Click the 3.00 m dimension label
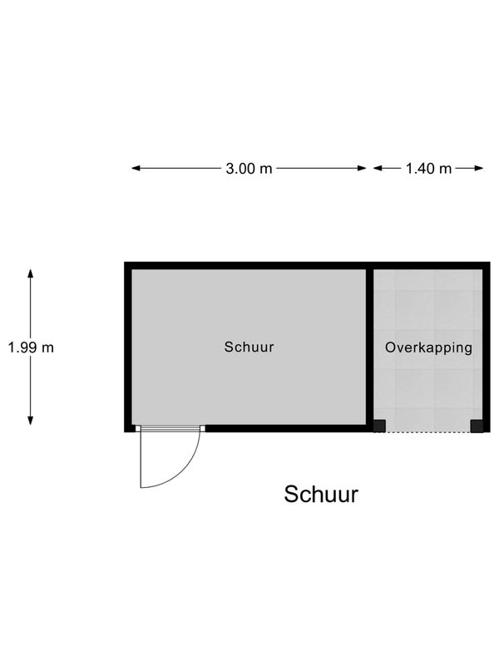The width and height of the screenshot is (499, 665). click(x=249, y=169)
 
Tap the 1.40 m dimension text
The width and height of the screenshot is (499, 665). click(x=428, y=169)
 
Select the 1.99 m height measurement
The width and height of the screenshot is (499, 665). click(x=31, y=347)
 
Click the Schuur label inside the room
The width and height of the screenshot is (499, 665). click(x=249, y=347)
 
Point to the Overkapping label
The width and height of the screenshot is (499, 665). click(x=428, y=347)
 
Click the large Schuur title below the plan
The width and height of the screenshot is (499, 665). click(x=321, y=494)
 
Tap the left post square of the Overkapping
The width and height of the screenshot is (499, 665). click(x=379, y=426)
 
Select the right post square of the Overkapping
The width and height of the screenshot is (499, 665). click(x=477, y=426)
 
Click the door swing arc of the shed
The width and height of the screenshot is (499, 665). click(x=184, y=474)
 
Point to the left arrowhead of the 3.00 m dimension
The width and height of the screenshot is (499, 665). click(x=136, y=169)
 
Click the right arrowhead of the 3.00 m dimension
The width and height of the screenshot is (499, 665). click(x=362, y=169)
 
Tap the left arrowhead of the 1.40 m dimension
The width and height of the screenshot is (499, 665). click(x=378, y=169)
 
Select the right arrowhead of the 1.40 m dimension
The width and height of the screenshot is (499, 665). click(x=479, y=169)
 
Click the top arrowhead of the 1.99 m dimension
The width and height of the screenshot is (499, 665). click(x=30, y=273)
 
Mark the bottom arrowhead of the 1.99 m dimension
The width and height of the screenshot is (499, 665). click(x=30, y=421)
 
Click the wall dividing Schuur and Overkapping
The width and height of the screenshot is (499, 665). click(x=369, y=347)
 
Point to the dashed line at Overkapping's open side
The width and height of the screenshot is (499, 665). click(x=427, y=432)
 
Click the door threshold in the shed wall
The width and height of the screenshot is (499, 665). click(x=170, y=428)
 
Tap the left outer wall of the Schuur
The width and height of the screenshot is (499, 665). click(x=128, y=347)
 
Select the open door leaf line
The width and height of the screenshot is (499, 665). click(x=141, y=460)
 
